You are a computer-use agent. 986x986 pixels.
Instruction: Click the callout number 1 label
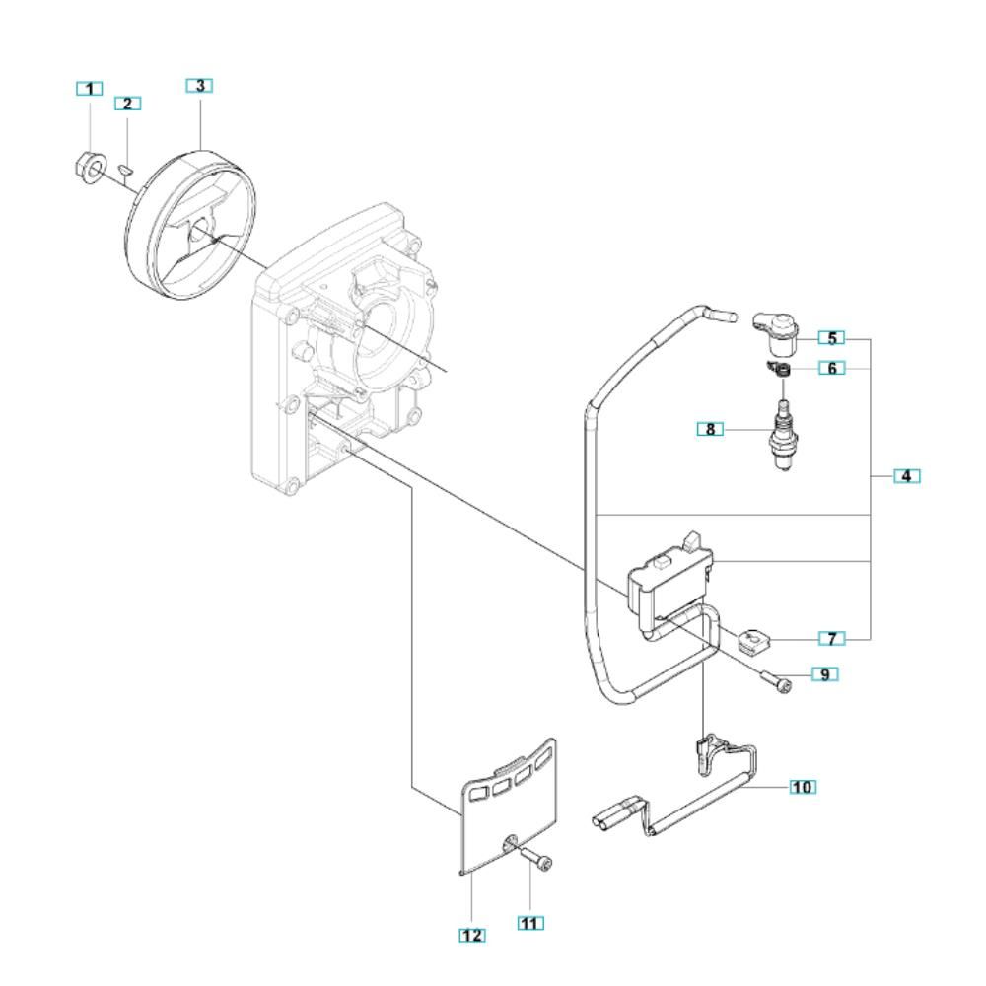point(90,89)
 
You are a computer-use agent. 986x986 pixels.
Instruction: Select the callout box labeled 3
point(199,86)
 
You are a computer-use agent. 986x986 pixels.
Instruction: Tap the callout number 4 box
point(907,476)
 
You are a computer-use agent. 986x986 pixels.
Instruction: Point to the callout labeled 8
point(711,430)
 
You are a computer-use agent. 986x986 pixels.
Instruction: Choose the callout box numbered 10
point(803,787)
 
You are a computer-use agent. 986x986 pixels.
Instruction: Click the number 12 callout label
point(472,935)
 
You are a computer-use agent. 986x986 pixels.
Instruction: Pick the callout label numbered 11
point(530,923)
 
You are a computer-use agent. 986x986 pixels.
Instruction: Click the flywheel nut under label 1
point(88,168)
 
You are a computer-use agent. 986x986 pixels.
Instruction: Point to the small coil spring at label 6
point(780,370)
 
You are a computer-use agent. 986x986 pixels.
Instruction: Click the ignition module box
point(670,583)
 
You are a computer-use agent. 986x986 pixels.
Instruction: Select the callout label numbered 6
point(831,368)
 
